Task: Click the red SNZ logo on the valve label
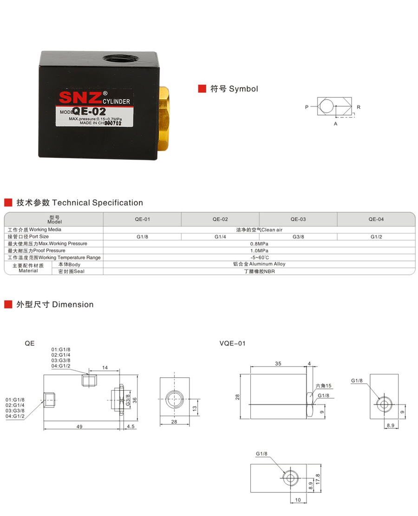pos(79,97)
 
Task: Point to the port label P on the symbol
pos(307,107)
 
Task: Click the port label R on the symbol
pos(359,107)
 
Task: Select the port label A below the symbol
pos(335,124)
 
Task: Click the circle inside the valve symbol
pos(327,107)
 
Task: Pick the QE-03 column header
pos(298,219)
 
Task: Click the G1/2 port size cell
pos(376,237)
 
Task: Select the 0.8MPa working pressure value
pos(259,244)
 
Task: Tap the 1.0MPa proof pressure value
pos(259,251)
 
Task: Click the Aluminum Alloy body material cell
pos(259,264)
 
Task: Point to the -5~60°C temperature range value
pos(259,258)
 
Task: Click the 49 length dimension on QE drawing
pos(79,426)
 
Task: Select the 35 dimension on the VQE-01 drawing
pos(278,364)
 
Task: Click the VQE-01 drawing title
pos(232,343)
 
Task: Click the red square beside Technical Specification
pos(8,202)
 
